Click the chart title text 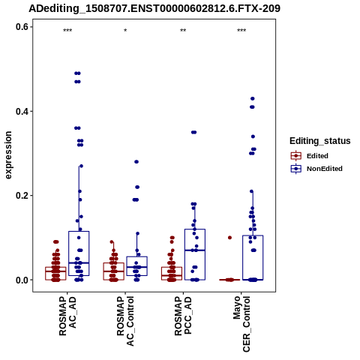[x=154, y=8]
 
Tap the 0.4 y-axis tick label [x=22, y=111]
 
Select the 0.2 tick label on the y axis [x=22, y=196]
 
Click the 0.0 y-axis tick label [x=22, y=280]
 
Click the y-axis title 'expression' [x=8, y=155]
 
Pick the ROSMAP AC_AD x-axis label [x=67, y=316]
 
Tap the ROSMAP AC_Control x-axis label [x=125, y=321]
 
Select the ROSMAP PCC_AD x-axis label [x=183, y=316]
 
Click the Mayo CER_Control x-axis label [x=241, y=324]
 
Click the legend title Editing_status [x=320, y=141]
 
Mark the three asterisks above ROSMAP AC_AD [x=67, y=31]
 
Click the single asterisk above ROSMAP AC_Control [x=125, y=31]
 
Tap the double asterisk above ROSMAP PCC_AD [x=183, y=31]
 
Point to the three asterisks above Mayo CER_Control [x=241, y=31]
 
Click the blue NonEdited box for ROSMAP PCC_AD [x=195, y=254]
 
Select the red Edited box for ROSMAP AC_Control [x=114, y=271]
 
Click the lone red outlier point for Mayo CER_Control [x=229, y=238]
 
